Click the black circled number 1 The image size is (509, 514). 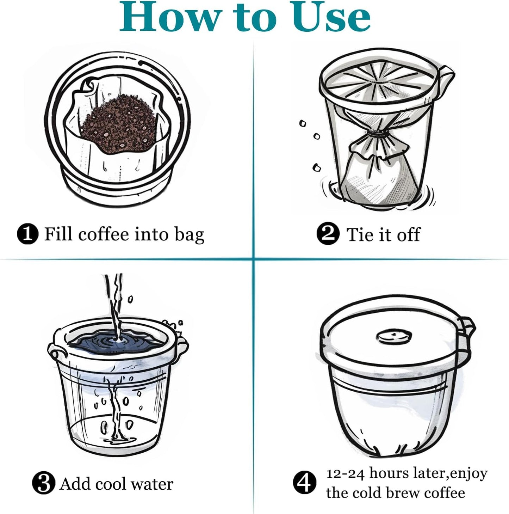27,234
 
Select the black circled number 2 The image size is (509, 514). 328,234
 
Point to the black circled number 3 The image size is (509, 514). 43,483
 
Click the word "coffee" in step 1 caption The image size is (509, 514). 104,234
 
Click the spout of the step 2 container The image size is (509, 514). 445,76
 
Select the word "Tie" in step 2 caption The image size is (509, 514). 360,234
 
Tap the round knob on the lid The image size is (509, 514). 394,337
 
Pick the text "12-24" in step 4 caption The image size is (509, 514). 345,473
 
